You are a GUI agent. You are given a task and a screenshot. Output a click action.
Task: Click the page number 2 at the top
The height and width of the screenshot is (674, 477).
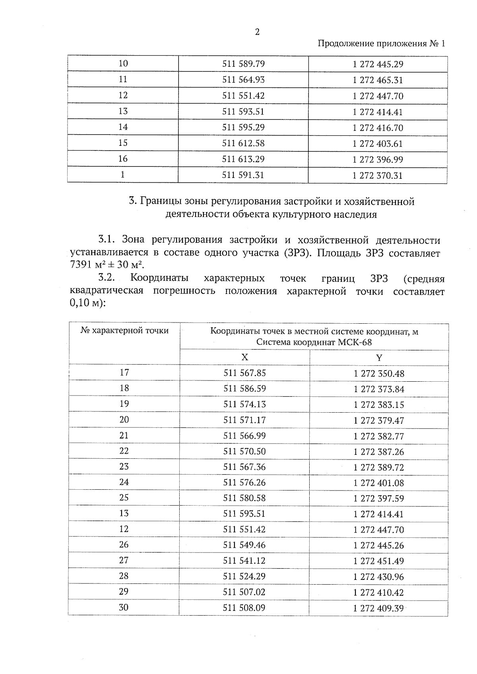[x=257, y=32]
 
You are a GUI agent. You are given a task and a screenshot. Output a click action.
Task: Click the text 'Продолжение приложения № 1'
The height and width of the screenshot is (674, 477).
[x=381, y=43]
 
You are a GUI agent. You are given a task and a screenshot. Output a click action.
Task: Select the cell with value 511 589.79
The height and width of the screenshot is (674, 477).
[x=243, y=64]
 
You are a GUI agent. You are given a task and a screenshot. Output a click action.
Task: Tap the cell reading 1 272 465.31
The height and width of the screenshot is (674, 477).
[x=378, y=80]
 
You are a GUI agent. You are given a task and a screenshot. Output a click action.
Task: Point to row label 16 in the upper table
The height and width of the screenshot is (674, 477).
[x=123, y=159]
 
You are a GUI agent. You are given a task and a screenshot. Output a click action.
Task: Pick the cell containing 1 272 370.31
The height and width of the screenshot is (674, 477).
[x=378, y=176]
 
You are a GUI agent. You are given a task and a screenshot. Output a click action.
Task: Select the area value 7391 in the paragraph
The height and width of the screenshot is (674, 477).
[x=81, y=265]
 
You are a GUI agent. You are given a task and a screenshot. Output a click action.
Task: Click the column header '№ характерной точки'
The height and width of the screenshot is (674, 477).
[x=124, y=330]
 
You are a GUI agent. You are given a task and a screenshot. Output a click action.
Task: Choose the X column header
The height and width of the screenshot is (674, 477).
[x=244, y=357]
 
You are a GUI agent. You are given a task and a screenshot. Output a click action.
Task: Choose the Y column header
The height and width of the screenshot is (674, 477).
[x=379, y=357]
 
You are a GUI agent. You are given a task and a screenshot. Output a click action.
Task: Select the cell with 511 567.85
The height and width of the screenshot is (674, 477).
[x=244, y=373]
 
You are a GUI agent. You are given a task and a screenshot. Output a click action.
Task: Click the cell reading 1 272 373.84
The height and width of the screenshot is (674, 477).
[x=379, y=389]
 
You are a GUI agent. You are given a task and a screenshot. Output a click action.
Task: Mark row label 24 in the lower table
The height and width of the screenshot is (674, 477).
[x=124, y=482]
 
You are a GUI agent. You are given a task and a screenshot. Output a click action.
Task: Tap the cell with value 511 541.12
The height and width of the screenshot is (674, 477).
[x=244, y=560]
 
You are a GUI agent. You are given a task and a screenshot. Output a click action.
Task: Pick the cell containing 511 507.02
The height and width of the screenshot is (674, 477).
[x=244, y=592]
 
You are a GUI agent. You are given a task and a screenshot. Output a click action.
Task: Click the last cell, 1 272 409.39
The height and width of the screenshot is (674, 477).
[x=378, y=608]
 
